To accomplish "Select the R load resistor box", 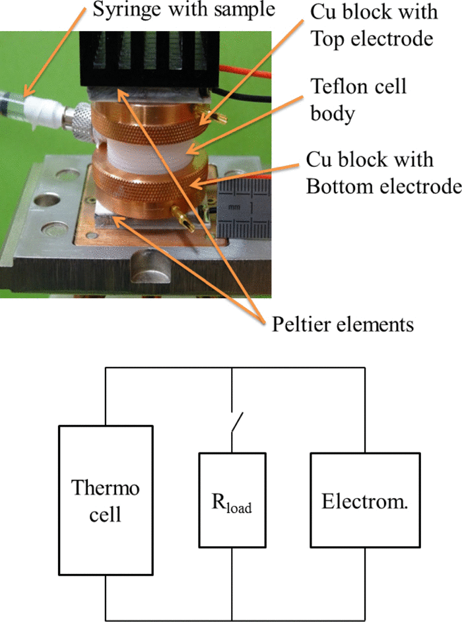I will (x=232, y=500).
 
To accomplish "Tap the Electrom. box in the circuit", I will (x=364, y=500).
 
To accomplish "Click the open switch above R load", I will (x=236, y=423).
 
